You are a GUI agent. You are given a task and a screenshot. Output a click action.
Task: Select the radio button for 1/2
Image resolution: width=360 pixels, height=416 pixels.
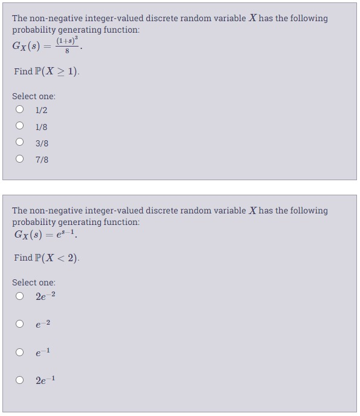click(x=20, y=110)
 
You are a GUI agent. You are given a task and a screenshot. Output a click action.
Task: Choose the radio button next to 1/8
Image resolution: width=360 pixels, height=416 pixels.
click(x=20, y=126)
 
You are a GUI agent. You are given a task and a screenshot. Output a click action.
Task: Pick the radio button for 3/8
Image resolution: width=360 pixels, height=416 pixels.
click(x=20, y=143)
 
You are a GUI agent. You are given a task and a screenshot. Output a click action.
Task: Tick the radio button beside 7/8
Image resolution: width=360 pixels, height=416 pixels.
click(x=20, y=159)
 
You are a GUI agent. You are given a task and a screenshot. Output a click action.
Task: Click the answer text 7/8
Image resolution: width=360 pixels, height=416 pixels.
click(x=42, y=160)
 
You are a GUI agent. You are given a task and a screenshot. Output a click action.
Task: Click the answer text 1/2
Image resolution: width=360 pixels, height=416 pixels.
click(x=41, y=110)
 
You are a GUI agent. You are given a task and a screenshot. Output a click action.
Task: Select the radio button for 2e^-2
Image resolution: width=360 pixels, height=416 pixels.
click(x=20, y=296)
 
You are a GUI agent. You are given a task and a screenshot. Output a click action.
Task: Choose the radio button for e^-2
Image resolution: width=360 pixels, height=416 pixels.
click(x=20, y=324)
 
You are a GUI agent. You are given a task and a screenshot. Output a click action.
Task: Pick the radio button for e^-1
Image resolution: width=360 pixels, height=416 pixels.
click(x=20, y=352)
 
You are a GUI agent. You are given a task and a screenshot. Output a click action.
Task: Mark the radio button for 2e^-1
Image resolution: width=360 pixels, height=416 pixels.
click(x=20, y=380)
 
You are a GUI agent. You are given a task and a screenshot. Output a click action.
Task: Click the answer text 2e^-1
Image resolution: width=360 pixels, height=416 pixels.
click(x=46, y=380)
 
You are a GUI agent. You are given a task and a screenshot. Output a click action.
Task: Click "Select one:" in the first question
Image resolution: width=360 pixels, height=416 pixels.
click(x=34, y=96)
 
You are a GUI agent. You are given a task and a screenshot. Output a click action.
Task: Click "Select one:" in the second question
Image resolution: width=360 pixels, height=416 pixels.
click(x=34, y=282)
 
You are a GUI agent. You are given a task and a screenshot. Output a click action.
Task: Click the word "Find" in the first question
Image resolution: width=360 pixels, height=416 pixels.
click(x=23, y=71)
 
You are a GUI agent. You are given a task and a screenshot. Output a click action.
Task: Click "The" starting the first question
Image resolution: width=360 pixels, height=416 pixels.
click(x=19, y=18)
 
